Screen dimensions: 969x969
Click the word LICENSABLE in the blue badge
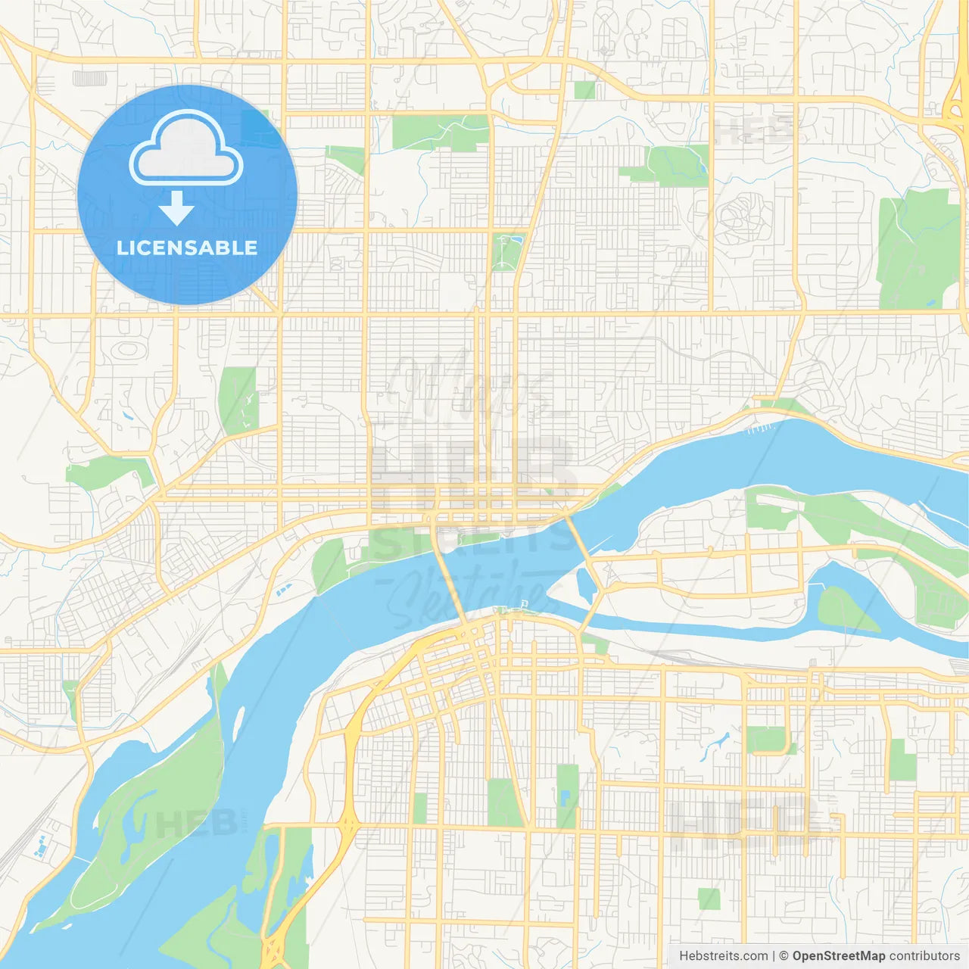click(x=187, y=248)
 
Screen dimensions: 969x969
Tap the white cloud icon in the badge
click(x=186, y=149)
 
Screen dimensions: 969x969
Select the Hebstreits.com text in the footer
click(x=723, y=956)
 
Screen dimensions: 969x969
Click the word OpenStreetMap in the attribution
click(x=838, y=956)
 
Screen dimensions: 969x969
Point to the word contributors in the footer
click(x=924, y=956)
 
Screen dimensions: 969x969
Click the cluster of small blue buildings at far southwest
click(x=40, y=846)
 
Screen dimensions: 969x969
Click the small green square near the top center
click(x=584, y=90)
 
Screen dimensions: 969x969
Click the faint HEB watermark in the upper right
click(x=753, y=132)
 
